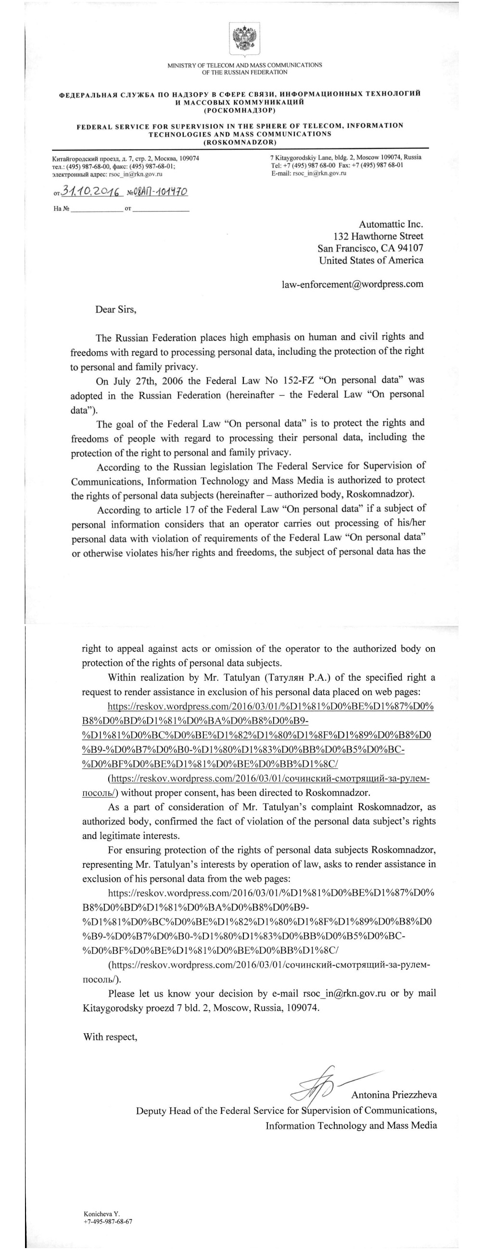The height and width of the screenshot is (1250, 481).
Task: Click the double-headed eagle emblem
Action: pos(245,40)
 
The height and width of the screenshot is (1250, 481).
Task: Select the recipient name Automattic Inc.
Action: pos(391,224)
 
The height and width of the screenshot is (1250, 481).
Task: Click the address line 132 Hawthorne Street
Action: pos(378,237)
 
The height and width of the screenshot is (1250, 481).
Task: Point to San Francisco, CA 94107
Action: pos(370,248)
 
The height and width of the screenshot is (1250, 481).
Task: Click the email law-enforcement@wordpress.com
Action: pos(353,284)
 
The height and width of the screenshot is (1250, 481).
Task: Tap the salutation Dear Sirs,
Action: pos(115,310)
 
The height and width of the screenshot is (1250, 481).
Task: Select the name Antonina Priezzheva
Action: pos(393,1095)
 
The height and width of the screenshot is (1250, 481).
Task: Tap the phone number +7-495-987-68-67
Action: pos(108,1221)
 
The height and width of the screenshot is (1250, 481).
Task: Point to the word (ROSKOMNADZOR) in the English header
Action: pos(240,142)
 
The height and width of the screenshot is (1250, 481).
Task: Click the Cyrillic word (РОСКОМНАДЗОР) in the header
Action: pos(240,110)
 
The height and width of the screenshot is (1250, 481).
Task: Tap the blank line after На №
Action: pos(97,209)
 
